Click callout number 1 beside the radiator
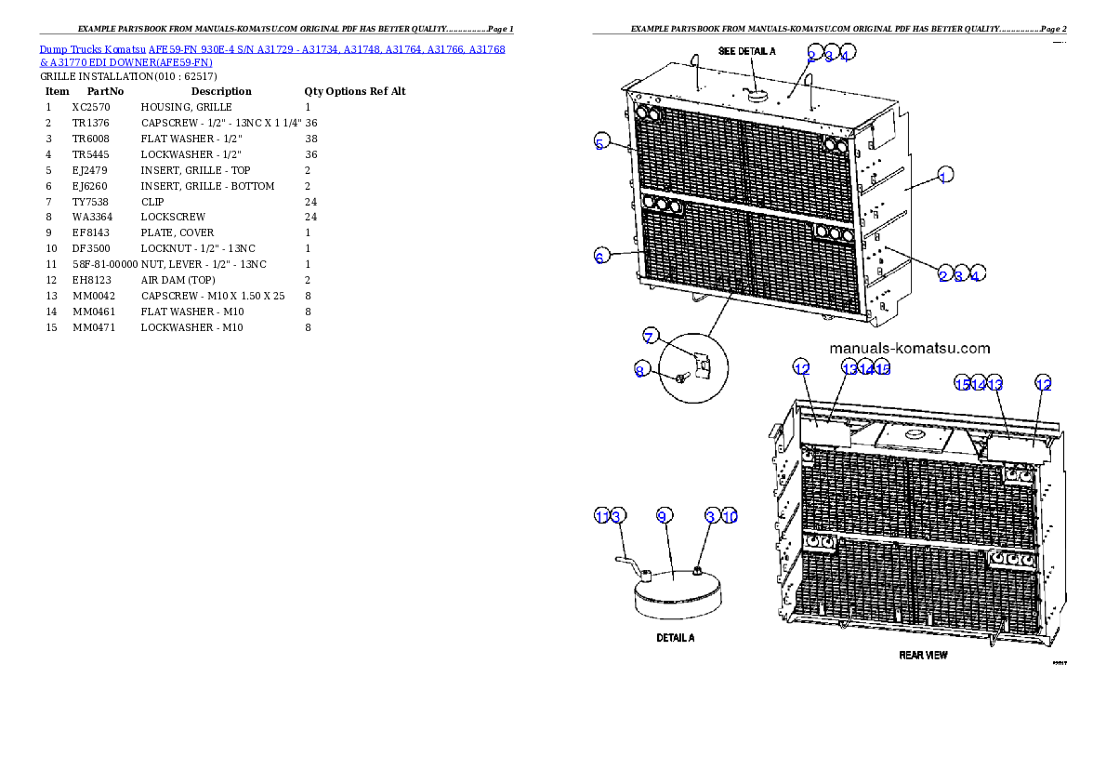[x=943, y=176]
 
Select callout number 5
[x=600, y=143]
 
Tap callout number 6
[x=600, y=257]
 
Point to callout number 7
[x=651, y=335]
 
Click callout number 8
[x=639, y=370]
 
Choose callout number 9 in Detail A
[x=663, y=515]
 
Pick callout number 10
[x=730, y=515]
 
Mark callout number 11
[x=601, y=515]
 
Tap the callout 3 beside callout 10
[x=711, y=515]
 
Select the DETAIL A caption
[x=676, y=638]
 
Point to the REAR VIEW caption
[x=923, y=655]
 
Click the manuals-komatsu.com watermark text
[x=908, y=349]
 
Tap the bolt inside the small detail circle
[x=683, y=377]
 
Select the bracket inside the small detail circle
[x=703, y=365]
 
